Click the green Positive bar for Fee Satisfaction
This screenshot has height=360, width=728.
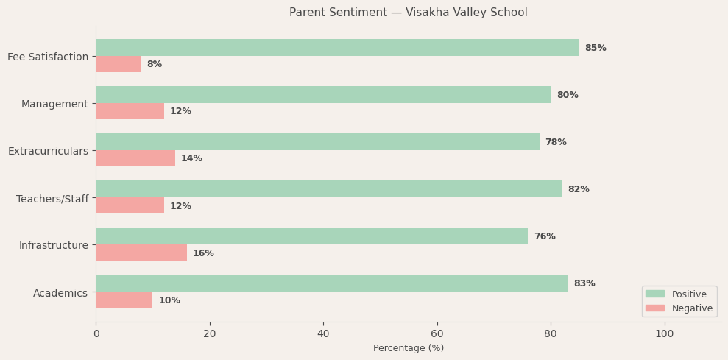tap(337, 48)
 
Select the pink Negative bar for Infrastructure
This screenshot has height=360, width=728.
tap(141, 253)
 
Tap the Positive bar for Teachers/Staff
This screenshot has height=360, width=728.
tap(329, 189)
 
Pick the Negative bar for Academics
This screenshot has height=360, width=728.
tap(124, 300)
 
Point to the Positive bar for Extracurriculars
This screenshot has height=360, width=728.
tap(317, 142)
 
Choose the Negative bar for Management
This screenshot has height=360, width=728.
tap(130, 111)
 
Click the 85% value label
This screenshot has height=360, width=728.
tap(596, 48)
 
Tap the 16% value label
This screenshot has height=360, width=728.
tap(203, 253)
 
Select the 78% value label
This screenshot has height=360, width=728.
tap(556, 142)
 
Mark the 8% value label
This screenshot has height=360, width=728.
tap(154, 64)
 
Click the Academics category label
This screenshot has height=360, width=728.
tap(60, 293)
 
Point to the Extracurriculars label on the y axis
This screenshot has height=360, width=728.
tap(48, 151)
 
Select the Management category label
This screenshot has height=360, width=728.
tap(54, 104)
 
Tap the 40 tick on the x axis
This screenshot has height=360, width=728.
tap(323, 333)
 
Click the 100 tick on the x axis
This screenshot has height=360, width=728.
tap(664, 333)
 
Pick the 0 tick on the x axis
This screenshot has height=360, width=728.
tap(96, 333)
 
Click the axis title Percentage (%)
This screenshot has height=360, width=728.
tap(409, 348)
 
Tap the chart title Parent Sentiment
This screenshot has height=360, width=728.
tap(408, 13)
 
